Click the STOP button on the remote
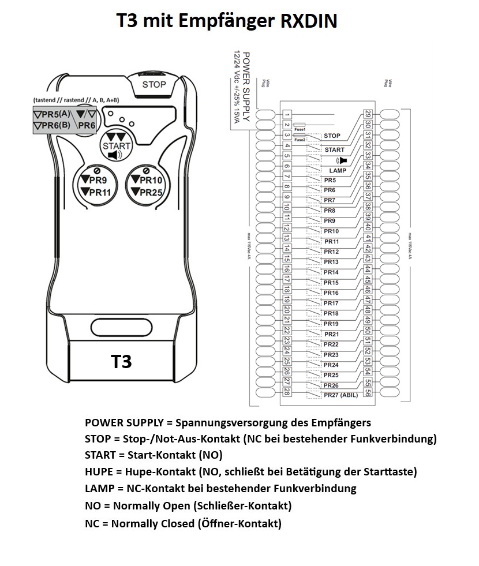click(154, 84)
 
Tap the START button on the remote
click(117, 145)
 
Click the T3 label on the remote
click(121, 361)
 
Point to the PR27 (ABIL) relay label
click(340, 395)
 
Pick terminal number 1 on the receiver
click(287, 115)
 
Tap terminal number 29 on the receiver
click(368, 115)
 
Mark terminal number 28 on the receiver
click(287, 392)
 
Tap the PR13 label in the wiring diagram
click(331, 262)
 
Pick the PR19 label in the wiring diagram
click(331, 324)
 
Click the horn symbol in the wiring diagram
click(342, 160)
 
